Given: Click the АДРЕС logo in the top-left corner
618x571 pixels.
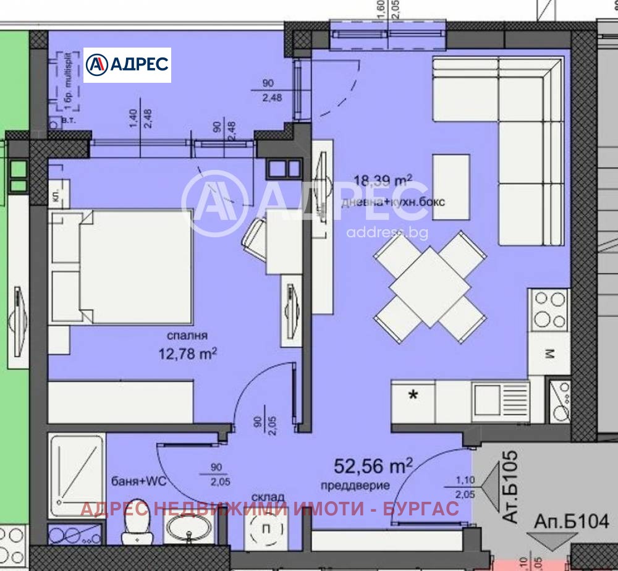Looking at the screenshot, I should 127,65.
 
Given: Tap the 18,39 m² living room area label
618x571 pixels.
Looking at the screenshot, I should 383,180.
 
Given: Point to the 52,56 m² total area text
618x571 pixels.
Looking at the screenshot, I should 373,465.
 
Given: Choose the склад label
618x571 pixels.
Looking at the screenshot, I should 268,496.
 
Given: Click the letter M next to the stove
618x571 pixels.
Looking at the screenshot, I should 548,353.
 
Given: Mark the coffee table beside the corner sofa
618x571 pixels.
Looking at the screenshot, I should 451,185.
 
